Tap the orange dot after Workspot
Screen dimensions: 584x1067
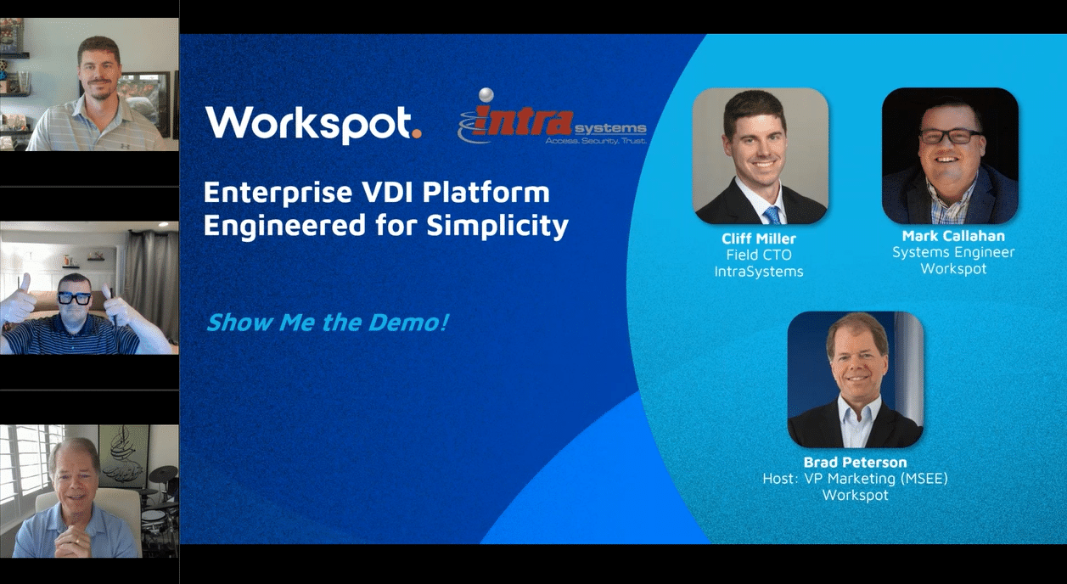pos(416,133)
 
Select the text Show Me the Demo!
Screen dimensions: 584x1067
pos(327,323)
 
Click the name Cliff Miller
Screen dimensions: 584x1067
pos(759,239)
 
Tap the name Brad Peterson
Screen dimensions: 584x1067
pos(855,463)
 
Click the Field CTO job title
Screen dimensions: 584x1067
pos(759,255)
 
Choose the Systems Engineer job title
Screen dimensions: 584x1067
pos(953,252)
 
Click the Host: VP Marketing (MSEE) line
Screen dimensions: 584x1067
pos(855,479)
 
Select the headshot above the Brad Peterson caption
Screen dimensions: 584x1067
pos(855,379)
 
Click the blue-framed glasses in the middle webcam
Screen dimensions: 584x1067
pos(75,299)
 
